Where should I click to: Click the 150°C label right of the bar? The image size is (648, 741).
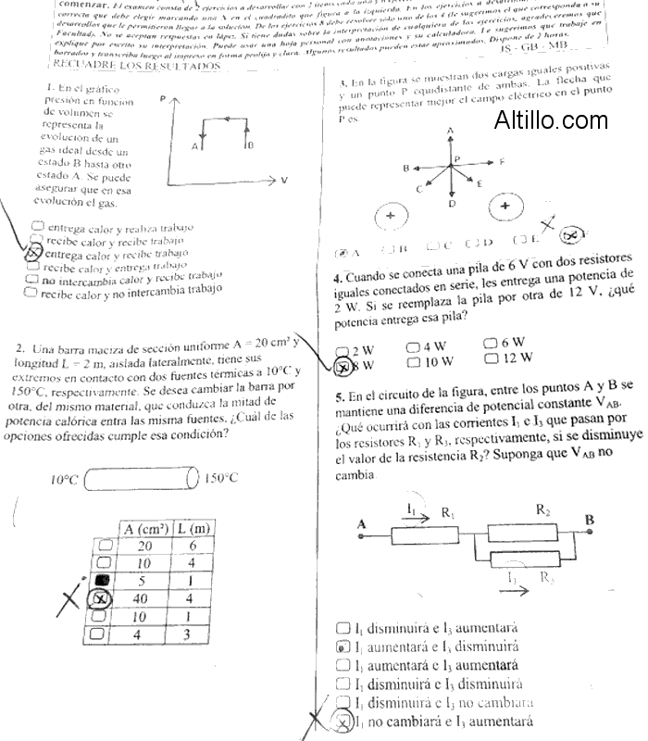(221, 479)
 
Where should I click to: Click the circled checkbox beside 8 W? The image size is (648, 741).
(343, 366)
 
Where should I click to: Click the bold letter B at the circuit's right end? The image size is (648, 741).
(589, 521)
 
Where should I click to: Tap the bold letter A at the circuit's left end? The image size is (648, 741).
(362, 524)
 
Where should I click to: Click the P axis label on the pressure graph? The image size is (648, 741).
(162, 98)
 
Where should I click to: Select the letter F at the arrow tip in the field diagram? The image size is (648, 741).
(501, 162)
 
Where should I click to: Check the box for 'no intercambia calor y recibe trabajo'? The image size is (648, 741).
(32, 279)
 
